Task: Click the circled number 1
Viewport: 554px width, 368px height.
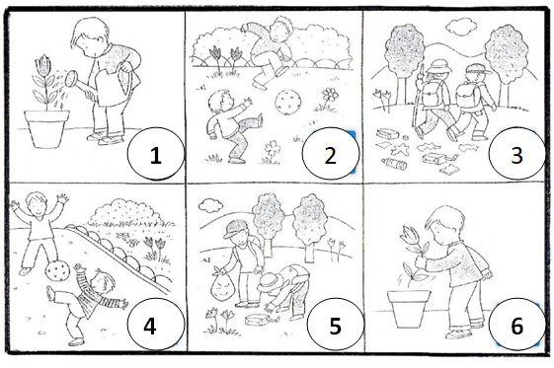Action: (155, 154)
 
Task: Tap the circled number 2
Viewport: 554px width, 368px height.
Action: (331, 154)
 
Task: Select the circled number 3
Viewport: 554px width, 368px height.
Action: (516, 154)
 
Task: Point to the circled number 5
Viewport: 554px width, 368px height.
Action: (335, 326)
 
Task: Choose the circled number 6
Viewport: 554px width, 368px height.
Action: (516, 326)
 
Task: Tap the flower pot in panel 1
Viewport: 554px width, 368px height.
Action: (46, 128)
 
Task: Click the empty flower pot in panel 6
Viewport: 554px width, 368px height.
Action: (409, 308)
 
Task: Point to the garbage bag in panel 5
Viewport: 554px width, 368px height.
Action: (220, 286)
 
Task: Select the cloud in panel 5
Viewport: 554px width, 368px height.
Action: (210, 205)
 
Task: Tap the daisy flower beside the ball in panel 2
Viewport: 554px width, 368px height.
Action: (329, 96)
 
